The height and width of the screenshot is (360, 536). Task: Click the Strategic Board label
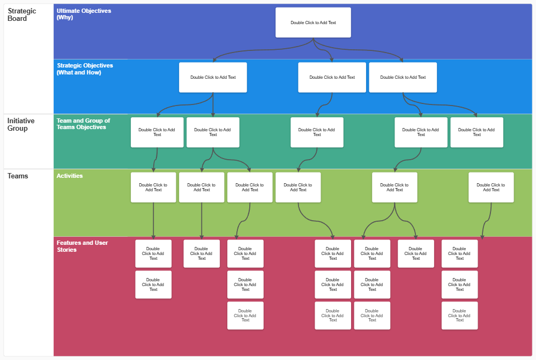pos(22,14)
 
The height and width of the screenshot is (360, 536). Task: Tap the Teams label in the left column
pos(18,176)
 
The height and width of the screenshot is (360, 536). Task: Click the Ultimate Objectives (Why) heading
pos(84,14)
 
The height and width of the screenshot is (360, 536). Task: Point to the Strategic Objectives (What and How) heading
pos(85,69)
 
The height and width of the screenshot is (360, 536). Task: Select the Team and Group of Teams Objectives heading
pos(83,124)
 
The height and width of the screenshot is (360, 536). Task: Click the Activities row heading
pos(70,176)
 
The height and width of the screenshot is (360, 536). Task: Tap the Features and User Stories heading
pos(82,246)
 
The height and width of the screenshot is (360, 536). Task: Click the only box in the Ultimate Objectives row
pos(313,22)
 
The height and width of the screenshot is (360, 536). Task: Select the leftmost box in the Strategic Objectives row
pos(213,77)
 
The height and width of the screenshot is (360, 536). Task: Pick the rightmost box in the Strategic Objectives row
pos(403,77)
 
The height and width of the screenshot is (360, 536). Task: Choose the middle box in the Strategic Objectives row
pos(332,77)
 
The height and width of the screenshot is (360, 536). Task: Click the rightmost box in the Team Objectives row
pos(477,132)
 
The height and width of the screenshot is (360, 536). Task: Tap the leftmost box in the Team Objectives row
pos(157,132)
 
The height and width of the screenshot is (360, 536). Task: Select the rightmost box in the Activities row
pos(491,187)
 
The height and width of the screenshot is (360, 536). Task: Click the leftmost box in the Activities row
pos(153,187)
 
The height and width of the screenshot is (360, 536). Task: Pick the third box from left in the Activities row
pos(250,187)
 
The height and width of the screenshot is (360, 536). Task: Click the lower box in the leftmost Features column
pos(153,284)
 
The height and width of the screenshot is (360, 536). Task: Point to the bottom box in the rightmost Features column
pos(459,316)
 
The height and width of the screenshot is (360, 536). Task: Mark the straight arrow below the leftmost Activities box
pos(153,220)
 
